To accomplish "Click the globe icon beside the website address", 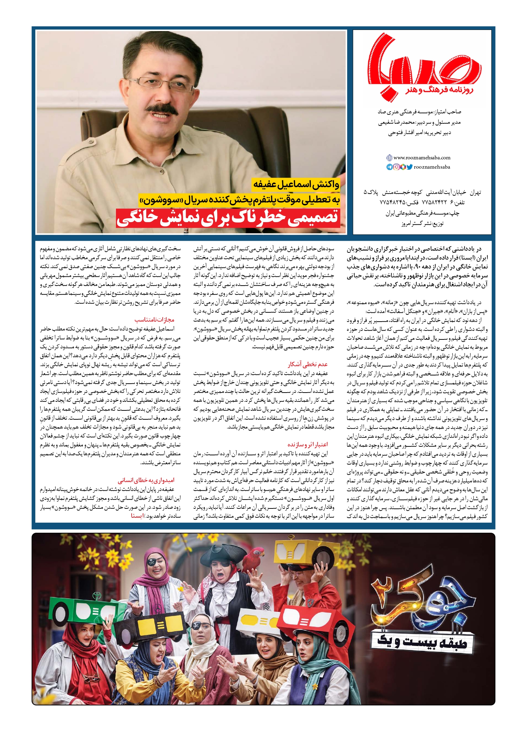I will (x=389, y=158).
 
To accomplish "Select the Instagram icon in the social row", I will (x=396, y=167).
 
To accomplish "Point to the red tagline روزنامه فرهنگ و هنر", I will (x=440, y=90).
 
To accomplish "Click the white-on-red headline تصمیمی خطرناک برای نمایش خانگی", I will (x=228, y=218).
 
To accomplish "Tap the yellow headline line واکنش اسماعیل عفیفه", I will (x=296, y=184).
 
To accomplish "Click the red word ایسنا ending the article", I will (x=138, y=516).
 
